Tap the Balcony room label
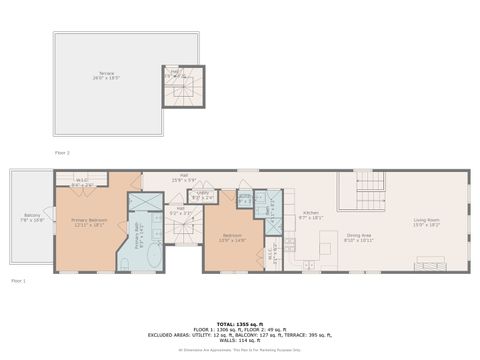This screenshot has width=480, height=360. pos(33,217)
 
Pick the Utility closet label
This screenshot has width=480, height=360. pos(202,197)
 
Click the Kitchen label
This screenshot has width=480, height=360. pos(311,214)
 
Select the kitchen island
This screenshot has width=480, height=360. pos(328,247)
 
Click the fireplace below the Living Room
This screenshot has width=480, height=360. pos(431,264)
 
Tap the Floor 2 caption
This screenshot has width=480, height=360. pos(62,153)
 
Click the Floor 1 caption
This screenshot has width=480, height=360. pos(18,281)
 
